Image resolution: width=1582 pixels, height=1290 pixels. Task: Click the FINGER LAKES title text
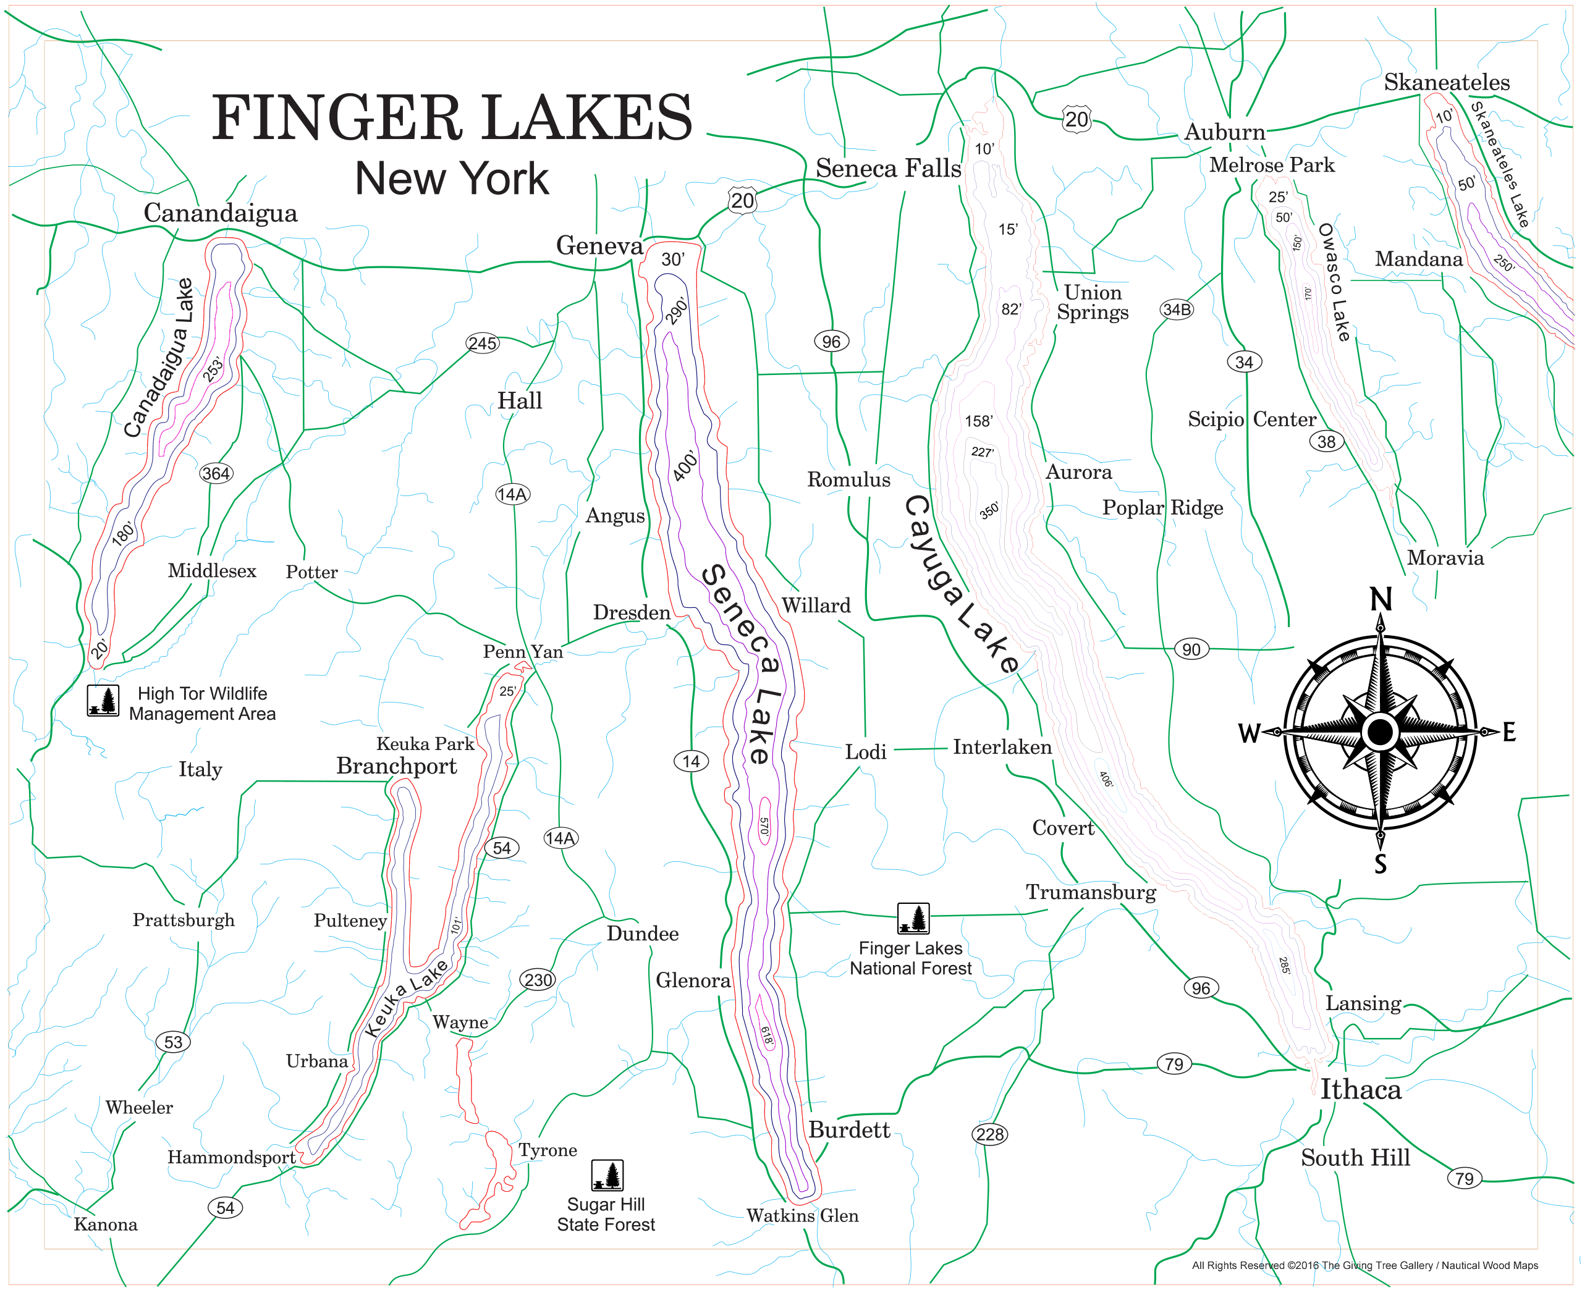click(452, 117)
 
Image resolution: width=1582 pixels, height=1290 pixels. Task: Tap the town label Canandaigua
click(220, 213)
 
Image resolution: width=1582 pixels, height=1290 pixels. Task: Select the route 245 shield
click(482, 344)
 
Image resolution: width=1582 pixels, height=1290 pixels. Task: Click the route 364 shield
click(216, 473)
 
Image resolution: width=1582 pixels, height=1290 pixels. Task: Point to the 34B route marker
click(1176, 309)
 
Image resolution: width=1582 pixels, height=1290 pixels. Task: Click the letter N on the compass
click(1380, 599)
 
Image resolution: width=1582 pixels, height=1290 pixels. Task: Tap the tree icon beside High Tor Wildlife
click(103, 700)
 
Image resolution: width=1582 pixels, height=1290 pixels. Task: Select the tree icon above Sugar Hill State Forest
click(607, 1176)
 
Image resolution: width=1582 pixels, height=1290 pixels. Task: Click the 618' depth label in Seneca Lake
click(766, 1036)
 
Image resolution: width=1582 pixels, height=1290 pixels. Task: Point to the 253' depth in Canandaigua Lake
click(213, 369)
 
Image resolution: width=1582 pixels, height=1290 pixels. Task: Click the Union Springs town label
click(1093, 301)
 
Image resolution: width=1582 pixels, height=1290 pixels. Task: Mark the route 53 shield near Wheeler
click(173, 1042)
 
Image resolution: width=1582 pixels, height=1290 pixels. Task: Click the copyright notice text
click(1364, 1265)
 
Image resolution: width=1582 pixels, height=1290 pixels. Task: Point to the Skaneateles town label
click(1446, 83)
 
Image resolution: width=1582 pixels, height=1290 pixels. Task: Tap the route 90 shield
click(1191, 649)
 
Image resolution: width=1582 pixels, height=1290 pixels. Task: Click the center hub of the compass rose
click(1380, 732)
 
